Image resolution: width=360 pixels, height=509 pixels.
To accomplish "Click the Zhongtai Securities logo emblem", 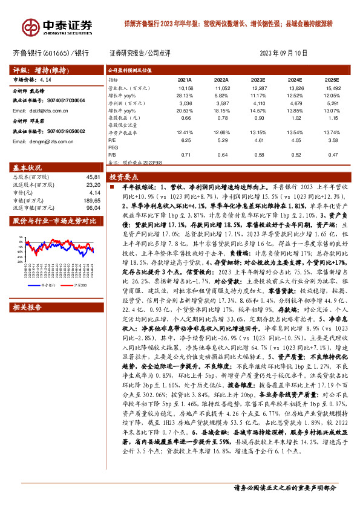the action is point(30,27).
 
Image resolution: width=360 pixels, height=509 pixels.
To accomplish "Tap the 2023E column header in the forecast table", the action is point(258,79).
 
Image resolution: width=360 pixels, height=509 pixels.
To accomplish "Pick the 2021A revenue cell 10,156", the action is point(185,88).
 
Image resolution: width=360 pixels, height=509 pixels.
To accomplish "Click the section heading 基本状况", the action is point(27,167).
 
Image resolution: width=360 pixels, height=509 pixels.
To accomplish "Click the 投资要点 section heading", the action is point(124,178).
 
